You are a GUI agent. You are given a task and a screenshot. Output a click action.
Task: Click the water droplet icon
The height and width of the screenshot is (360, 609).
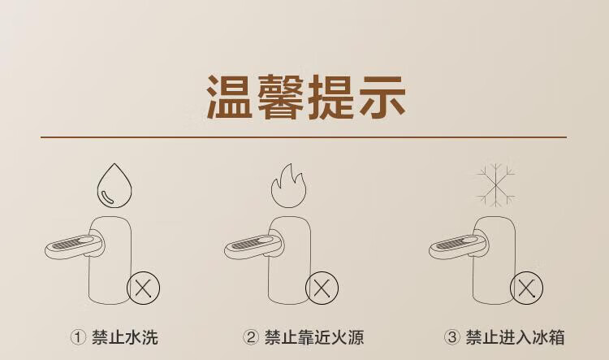pos(114,186)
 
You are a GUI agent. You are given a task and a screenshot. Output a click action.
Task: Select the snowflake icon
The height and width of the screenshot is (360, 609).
pos(496,184)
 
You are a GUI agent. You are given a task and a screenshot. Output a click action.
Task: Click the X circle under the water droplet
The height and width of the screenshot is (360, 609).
pos(143,288)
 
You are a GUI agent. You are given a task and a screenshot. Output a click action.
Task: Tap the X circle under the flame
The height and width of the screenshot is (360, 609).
pos(322,288)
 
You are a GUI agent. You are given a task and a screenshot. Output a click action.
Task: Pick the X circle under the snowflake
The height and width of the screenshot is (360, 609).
pos(526,288)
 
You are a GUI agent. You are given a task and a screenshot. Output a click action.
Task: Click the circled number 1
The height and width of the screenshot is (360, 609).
pos(78,337)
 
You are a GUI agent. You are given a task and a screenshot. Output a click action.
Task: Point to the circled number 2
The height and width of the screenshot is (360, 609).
pos(251,337)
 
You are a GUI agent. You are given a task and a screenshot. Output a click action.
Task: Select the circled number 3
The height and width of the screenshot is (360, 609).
pos(451,337)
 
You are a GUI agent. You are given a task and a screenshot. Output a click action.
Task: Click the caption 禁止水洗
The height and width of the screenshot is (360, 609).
pos(125,337)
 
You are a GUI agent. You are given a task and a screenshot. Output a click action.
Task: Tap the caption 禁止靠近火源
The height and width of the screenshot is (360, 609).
pos(313,337)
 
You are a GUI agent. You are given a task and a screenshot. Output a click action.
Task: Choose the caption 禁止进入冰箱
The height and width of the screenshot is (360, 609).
pos(515,337)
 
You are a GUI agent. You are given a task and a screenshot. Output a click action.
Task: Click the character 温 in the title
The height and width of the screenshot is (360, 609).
pos(230,97)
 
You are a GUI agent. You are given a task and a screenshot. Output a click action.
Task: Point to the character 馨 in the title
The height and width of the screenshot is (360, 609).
pos(280,97)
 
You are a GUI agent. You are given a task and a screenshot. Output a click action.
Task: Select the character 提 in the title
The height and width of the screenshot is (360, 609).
pos(331,97)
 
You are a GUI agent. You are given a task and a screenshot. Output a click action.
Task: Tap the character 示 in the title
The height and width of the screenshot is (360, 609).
pos(382,97)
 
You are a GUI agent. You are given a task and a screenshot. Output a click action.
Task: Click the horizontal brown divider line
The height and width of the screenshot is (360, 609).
pos(304,137)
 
